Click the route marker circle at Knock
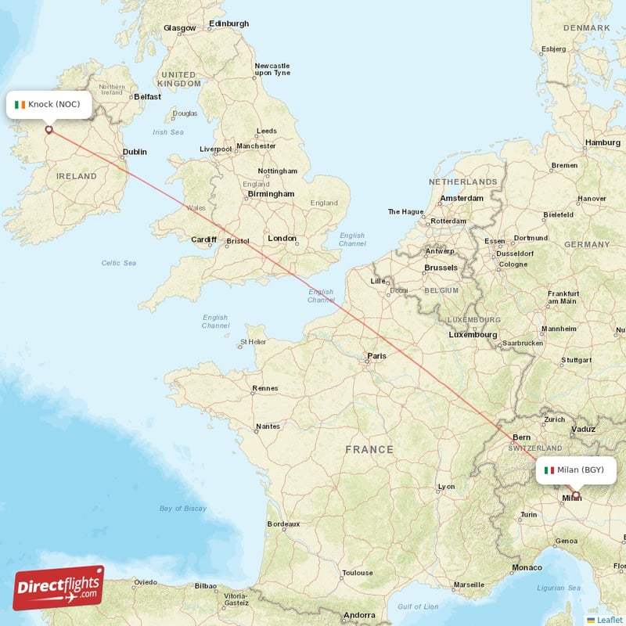pyautogui.click(x=49, y=130)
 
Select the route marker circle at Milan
pyautogui.click(x=576, y=495)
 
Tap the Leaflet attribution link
pyautogui.click(x=609, y=619)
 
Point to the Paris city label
pyautogui.click(x=376, y=356)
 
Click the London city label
pyautogui.click(x=282, y=239)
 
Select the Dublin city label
pyautogui.click(x=135, y=153)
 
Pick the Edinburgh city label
pyautogui.click(x=228, y=23)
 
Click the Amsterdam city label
pyautogui.click(x=462, y=198)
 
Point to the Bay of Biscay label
pyautogui.click(x=183, y=509)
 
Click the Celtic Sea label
pyautogui.click(x=118, y=263)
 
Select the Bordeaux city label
pyautogui.click(x=283, y=523)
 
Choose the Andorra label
pyautogui.click(x=359, y=614)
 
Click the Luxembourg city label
pyautogui.click(x=473, y=335)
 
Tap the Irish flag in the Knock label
pyautogui.click(x=20, y=104)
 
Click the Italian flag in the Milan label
pyautogui.click(x=549, y=469)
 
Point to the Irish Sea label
pyautogui.click(x=167, y=132)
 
